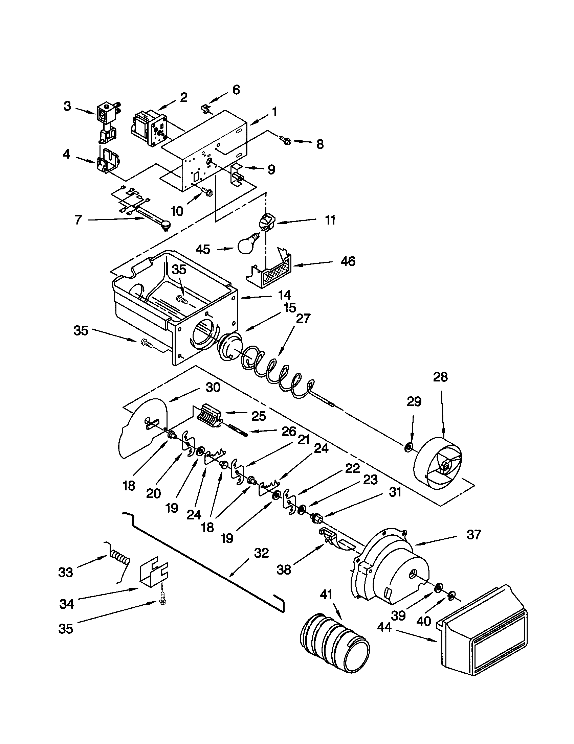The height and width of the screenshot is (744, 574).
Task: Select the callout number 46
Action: coord(348,261)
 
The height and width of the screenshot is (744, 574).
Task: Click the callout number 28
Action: coord(440,377)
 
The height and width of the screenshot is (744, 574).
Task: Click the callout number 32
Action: coord(261,553)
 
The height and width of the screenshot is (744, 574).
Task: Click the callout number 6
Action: coord(236,90)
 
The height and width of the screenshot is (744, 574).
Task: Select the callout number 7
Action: coord(78,220)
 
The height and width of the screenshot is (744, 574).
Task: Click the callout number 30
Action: coord(213,387)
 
